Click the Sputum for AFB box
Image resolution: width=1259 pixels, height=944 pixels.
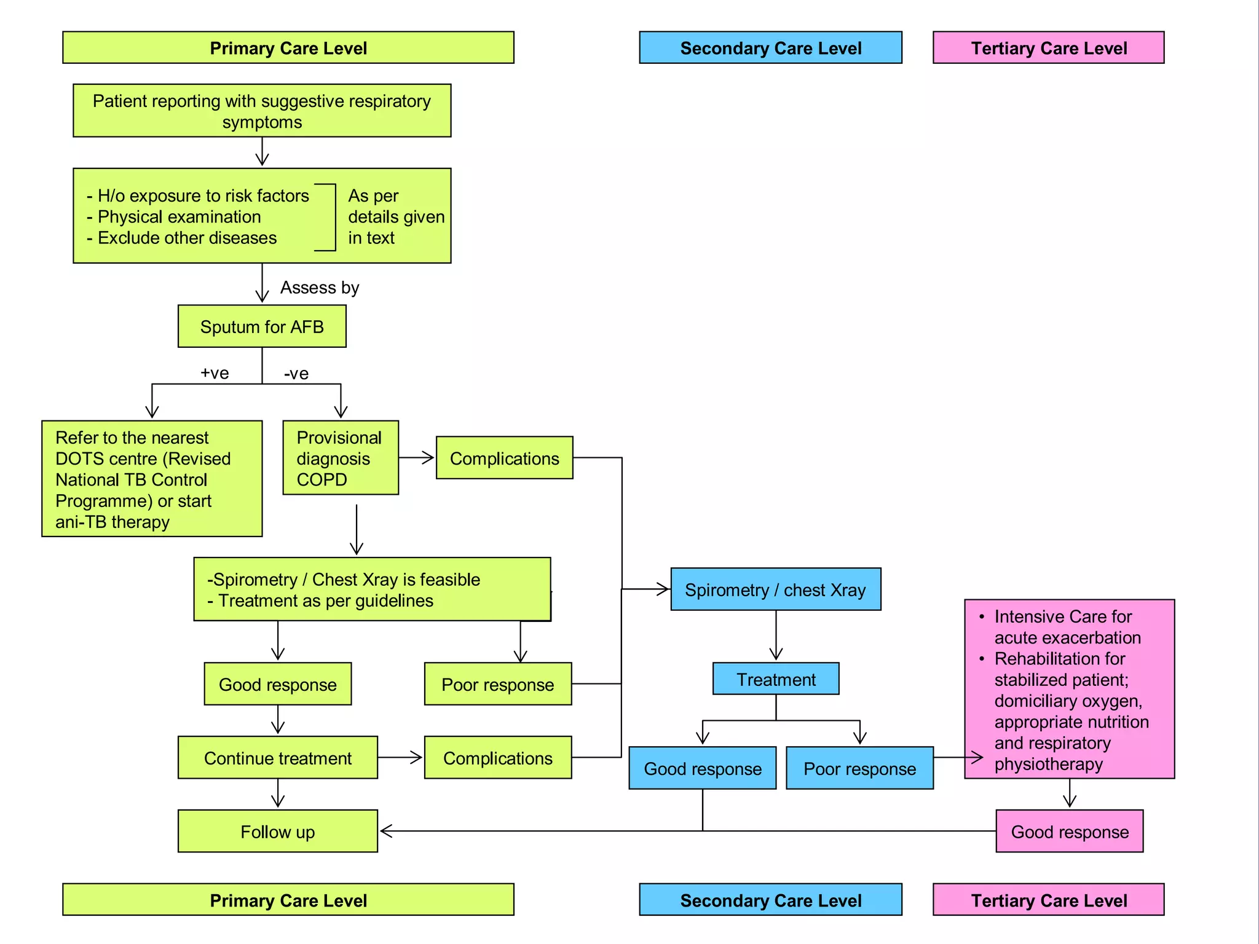[262, 326]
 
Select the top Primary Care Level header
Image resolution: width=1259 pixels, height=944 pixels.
[288, 48]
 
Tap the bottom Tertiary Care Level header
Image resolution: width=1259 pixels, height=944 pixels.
[1048, 900]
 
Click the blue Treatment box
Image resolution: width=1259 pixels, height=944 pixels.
[776, 679]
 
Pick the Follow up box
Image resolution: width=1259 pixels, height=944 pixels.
[277, 832]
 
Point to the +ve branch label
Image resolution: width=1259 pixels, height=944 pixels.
[215, 373]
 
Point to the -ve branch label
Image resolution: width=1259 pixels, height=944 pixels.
[296, 374]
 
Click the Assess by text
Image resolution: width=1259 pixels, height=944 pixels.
[320, 288]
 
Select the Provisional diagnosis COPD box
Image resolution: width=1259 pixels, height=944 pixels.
[340, 458]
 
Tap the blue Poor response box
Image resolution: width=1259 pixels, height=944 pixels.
[859, 768]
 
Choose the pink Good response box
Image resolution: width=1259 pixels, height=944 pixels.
[1070, 832]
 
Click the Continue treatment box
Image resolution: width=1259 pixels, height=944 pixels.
[277, 758]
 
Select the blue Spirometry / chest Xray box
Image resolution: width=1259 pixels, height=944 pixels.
[775, 589]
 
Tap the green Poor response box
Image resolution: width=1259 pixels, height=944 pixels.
[497, 684]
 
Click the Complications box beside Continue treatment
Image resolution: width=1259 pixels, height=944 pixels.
[497, 758]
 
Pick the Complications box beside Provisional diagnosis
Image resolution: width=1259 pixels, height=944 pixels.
[504, 458]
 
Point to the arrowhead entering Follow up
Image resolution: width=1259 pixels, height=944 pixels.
[385, 832]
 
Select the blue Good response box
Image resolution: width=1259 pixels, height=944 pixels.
[702, 768]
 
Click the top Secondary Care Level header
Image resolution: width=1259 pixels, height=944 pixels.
[770, 48]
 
